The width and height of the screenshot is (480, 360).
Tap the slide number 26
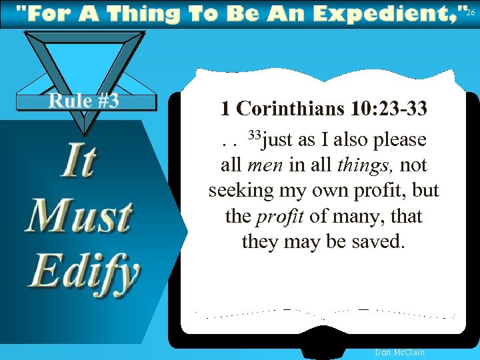pyautogui.click(x=471, y=13)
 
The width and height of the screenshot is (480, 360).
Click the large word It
pyautogui.click(x=79, y=162)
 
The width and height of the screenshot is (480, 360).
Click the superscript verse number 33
pyautogui.click(x=253, y=136)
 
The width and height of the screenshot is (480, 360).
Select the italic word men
pyautogui.click(x=262, y=165)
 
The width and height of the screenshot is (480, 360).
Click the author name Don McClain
pyautogui.click(x=400, y=352)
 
